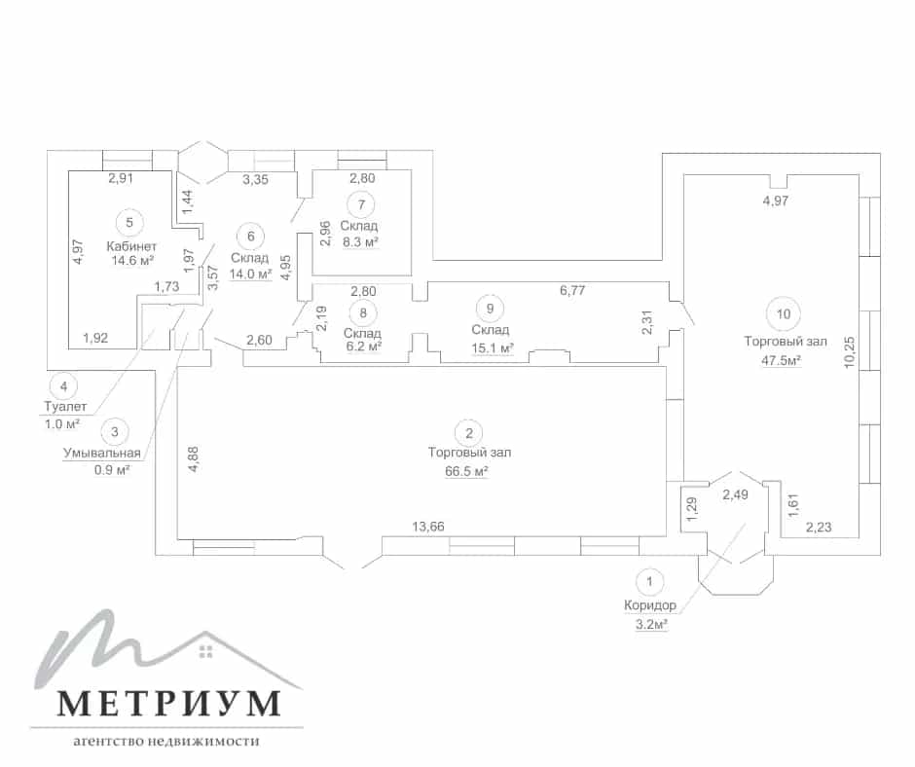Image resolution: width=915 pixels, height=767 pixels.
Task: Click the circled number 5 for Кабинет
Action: [x=129, y=222]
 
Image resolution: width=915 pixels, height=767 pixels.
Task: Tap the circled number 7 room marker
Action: [x=362, y=204]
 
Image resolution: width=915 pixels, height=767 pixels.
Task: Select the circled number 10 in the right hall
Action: [x=784, y=314]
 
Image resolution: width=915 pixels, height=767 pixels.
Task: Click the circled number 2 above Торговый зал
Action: [x=469, y=433]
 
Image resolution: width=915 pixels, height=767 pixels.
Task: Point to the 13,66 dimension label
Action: [x=428, y=527]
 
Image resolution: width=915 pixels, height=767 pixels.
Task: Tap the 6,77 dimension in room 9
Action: [x=572, y=290]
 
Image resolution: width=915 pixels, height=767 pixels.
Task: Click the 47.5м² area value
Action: [x=781, y=360]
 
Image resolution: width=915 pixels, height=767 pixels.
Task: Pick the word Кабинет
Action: [x=131, y=246]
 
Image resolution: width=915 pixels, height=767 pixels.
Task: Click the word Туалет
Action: [x=65, y=406]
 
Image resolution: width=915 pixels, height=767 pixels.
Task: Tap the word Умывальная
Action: [x=102, y=453]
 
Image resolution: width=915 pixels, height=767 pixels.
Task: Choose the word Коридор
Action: [x=650, y=605]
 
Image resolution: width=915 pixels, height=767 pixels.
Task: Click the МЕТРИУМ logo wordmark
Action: [x=169, y=703]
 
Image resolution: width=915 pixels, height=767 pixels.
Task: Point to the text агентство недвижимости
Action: [x=166, y=742]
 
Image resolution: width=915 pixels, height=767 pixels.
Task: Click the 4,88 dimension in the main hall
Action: [x=194, y=458]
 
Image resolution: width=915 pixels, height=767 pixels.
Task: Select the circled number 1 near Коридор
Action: [x=649, y=581]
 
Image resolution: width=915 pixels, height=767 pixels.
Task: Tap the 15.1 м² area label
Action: [x=493, y=348]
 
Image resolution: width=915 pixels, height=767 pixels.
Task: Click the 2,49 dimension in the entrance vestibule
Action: [x=735, y=494]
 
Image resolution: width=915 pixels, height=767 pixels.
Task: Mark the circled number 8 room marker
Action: [x=363, y=312]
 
